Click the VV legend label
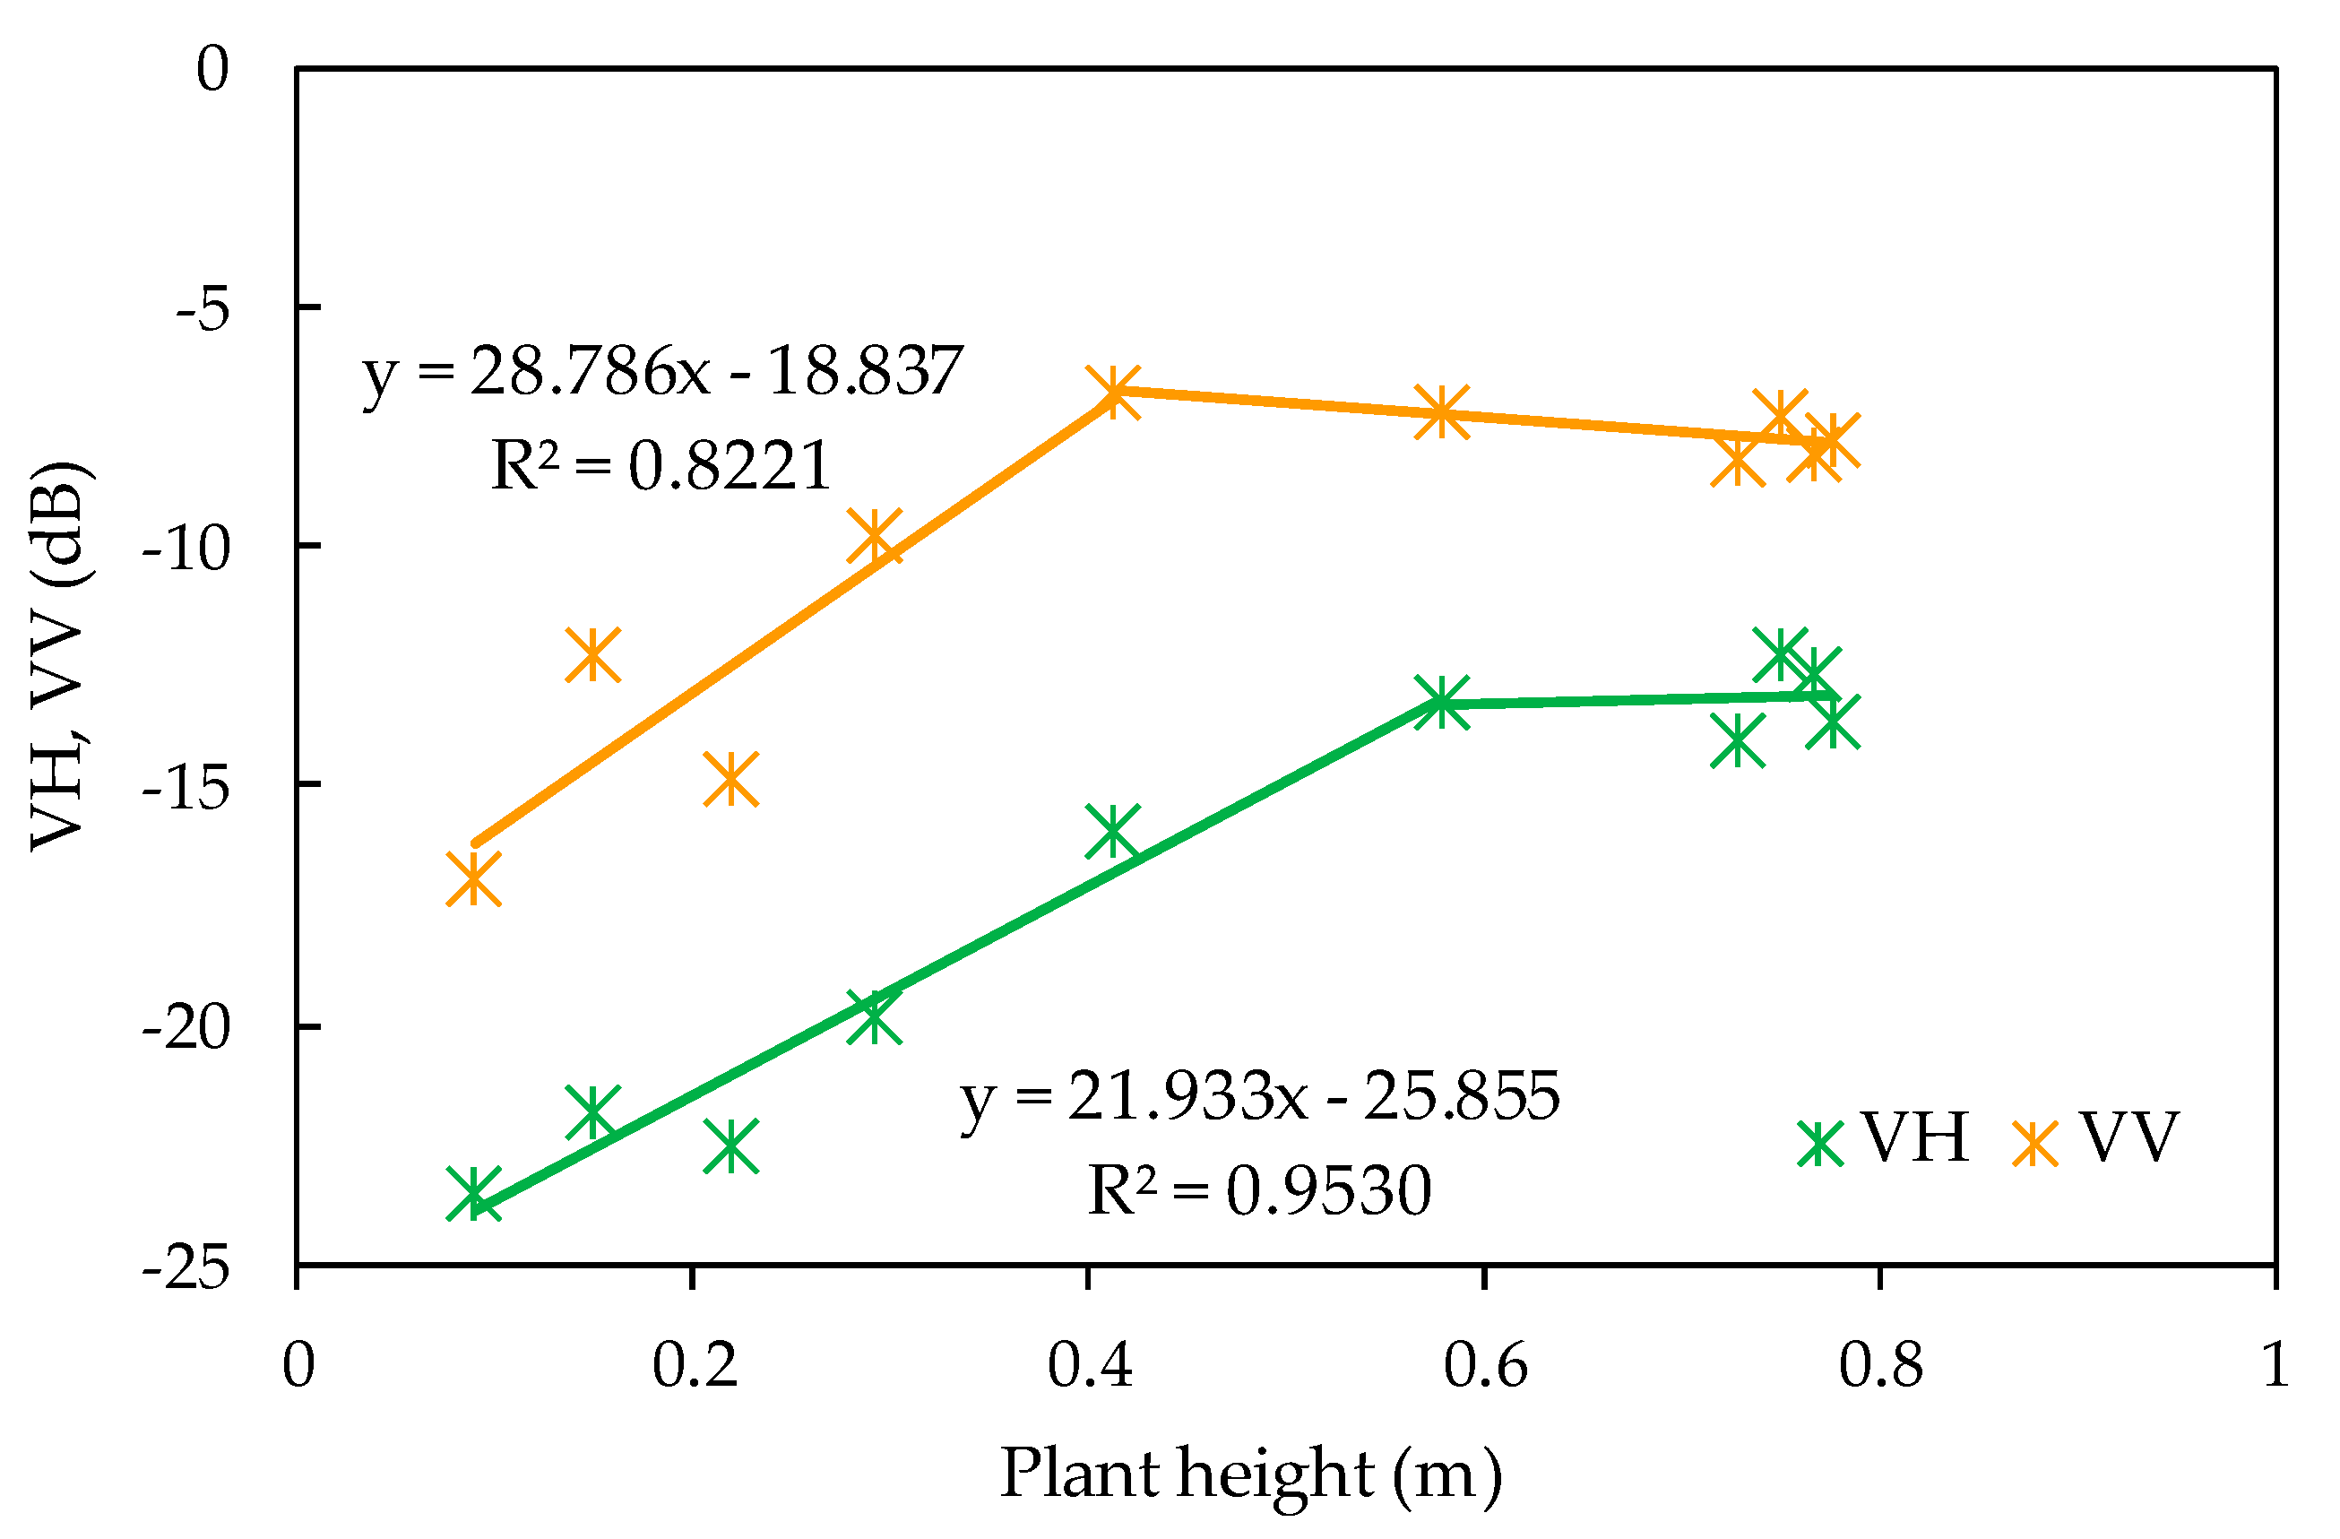coord(2128,1137)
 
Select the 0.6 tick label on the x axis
coord(1485,1366)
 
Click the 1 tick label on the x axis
coord(2275,1366)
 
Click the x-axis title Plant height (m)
coord(1250,1475)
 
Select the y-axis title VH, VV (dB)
coord(61,656)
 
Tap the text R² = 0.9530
coord(1259,1192)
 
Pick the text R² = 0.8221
coord(661,466)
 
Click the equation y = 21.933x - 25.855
coord(1259,1096)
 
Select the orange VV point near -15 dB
coord(730,779)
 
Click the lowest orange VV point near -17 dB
coord(473,878)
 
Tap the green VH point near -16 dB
coord(1112,830)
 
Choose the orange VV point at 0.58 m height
coord(1441,411)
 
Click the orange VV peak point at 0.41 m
coord(1113,392)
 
